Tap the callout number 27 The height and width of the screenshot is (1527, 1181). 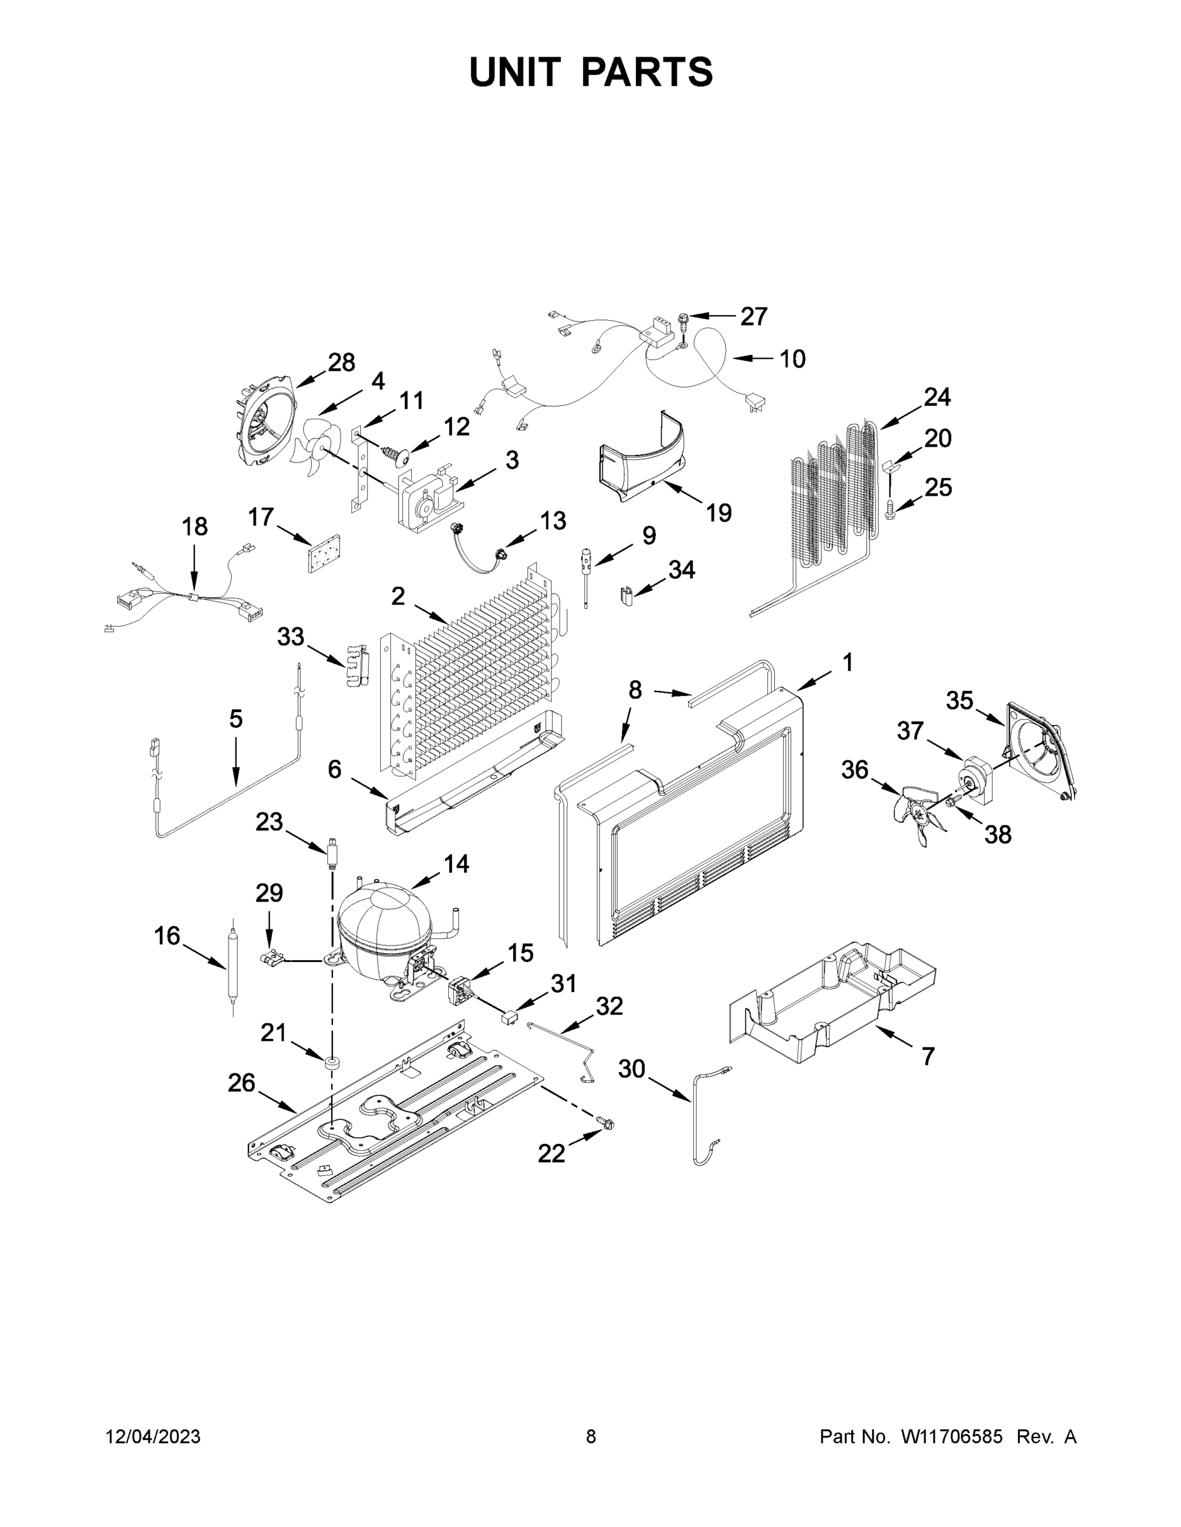click(x=754, y=317)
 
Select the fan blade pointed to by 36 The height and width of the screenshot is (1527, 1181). click(x=917, y=811)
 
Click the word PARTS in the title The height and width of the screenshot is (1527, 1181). click(x=646, y=72)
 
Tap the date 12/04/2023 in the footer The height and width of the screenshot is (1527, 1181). click(x=153, y=1436)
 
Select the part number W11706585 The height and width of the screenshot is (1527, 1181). click(x=952, y=1436)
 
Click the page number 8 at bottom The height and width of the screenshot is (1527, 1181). click(x=591, y=1436)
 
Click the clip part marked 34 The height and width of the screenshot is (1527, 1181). click(x=627, y=596)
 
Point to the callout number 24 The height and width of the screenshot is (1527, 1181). click(x=936, y=397)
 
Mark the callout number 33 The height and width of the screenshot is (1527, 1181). click(x=290, y=637)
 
